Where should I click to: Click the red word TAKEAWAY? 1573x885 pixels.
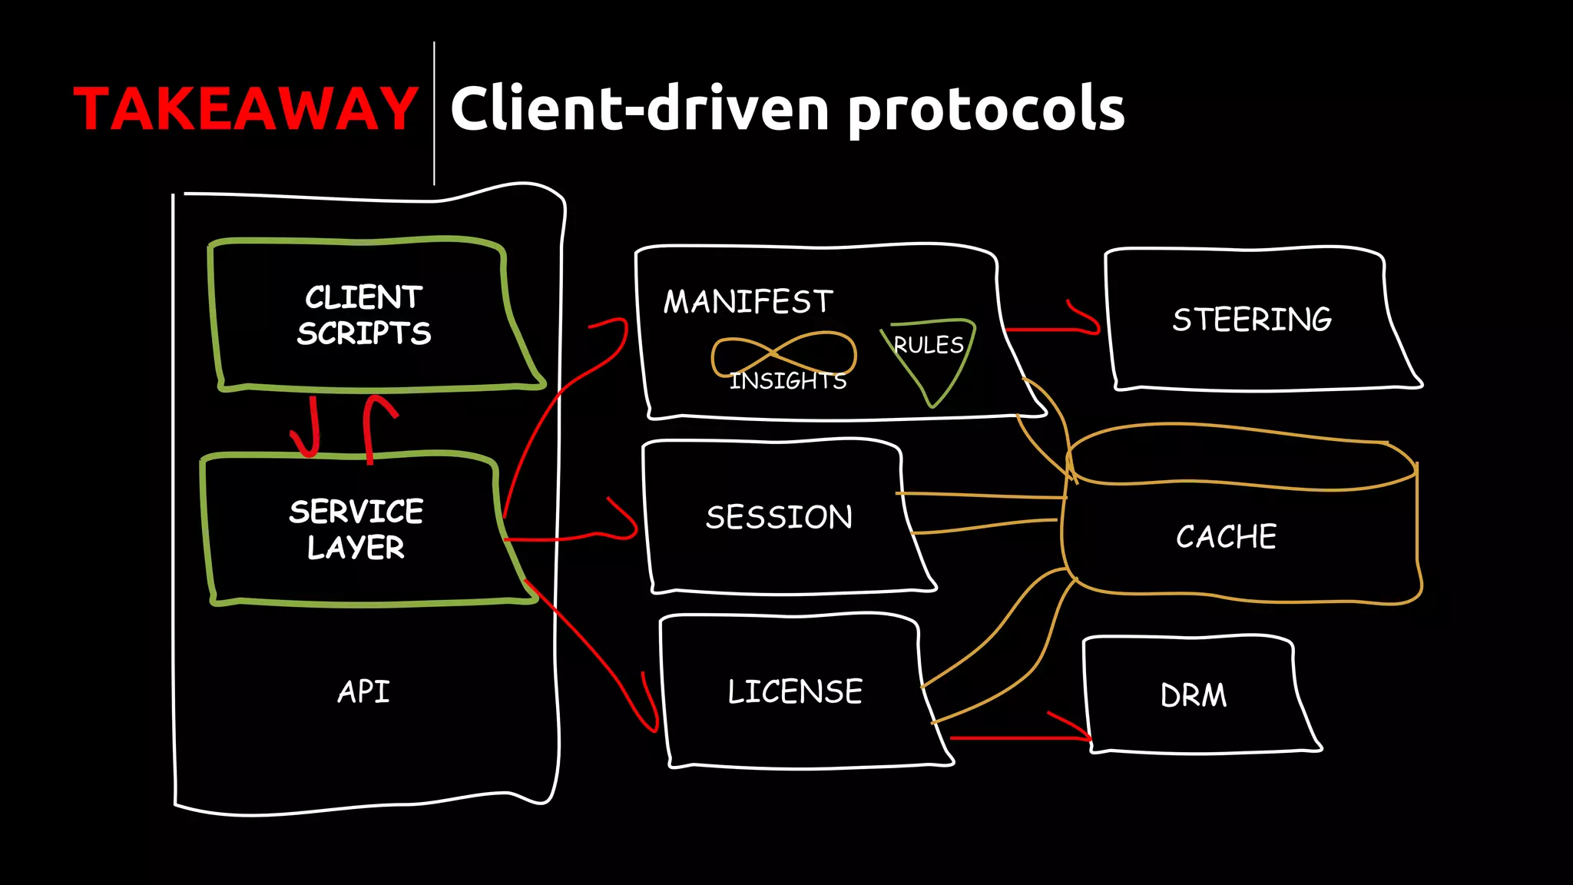pyautogui.click(x=245, y=109)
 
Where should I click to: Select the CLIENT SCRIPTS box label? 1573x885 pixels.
pyautogui.click(x=364, y=315)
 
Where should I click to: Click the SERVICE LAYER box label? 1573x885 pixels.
pyautogui.click(x=356, y=529)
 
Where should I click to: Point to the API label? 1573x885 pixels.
pyautogui.click(x=363, y=691)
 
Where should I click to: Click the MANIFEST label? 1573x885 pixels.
pyautogui.click(x=748, y=302)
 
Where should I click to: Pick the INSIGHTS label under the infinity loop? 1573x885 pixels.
pyautogui.click(x=788, y=381)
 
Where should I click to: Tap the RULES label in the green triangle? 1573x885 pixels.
pyautogui.click(x=928, y=346)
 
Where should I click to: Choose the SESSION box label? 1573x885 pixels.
pyautogui.click(x=779, y=517)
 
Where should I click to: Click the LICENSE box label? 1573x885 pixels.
pyautogui.click(x=795, y=691)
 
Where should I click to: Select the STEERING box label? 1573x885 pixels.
pyautogui.click(x=1252, y=320)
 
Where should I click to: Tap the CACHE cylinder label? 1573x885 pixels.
pyautogui.click(x=1226, y=536)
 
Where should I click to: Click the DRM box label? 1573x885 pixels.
pyautogui.click(x=1194, y=695)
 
